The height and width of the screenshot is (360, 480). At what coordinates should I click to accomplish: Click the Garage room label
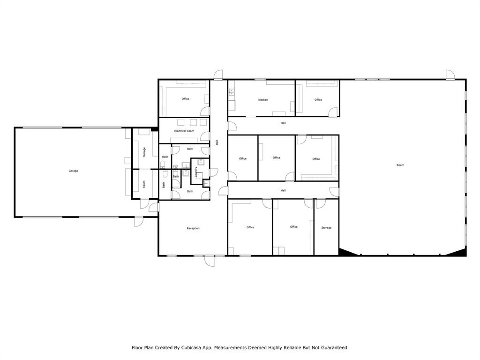[73, 171]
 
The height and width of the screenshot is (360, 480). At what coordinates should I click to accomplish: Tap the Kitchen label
[263, 100]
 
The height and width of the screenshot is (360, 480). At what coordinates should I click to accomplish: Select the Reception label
[193, 228]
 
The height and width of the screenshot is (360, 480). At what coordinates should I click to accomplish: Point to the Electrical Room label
[184, 131]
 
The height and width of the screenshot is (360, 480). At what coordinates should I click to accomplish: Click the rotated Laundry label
[196, 172]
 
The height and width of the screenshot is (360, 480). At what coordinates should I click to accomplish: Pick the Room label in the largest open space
[400, 165]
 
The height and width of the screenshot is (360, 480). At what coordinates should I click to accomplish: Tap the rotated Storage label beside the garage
[144, 152]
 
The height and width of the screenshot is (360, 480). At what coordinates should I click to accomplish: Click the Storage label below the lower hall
[326, 228]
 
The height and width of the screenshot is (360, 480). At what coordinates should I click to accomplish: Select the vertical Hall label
[217, 142]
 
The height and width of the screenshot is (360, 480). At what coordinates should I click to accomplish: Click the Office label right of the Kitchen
[318, 100]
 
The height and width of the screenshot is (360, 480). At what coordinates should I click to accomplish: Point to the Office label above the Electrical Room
[185, 99]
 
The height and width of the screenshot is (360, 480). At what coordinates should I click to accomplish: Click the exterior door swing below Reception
[210, 261]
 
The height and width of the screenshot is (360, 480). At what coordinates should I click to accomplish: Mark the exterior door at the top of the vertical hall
[218, 75]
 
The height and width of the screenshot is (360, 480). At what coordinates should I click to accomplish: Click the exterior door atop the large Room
[450, 75]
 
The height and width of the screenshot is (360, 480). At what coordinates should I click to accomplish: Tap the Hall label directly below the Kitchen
[283, 123]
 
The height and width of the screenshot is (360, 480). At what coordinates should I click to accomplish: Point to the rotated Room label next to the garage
[144, 184]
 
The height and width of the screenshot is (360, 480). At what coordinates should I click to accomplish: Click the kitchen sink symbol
[232, 91]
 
